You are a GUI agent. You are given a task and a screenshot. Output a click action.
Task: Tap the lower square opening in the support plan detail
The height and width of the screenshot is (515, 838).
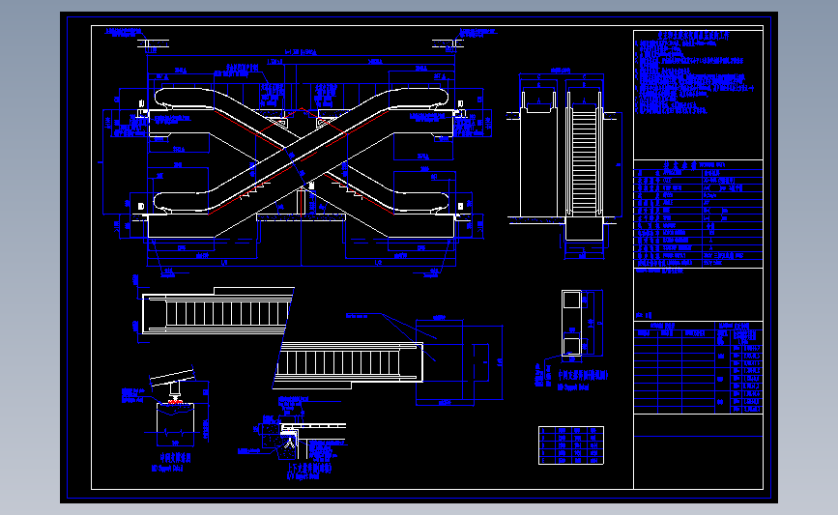tap(572, 344)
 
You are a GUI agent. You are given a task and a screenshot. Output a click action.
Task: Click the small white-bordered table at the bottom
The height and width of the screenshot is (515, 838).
tap(570, 444)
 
